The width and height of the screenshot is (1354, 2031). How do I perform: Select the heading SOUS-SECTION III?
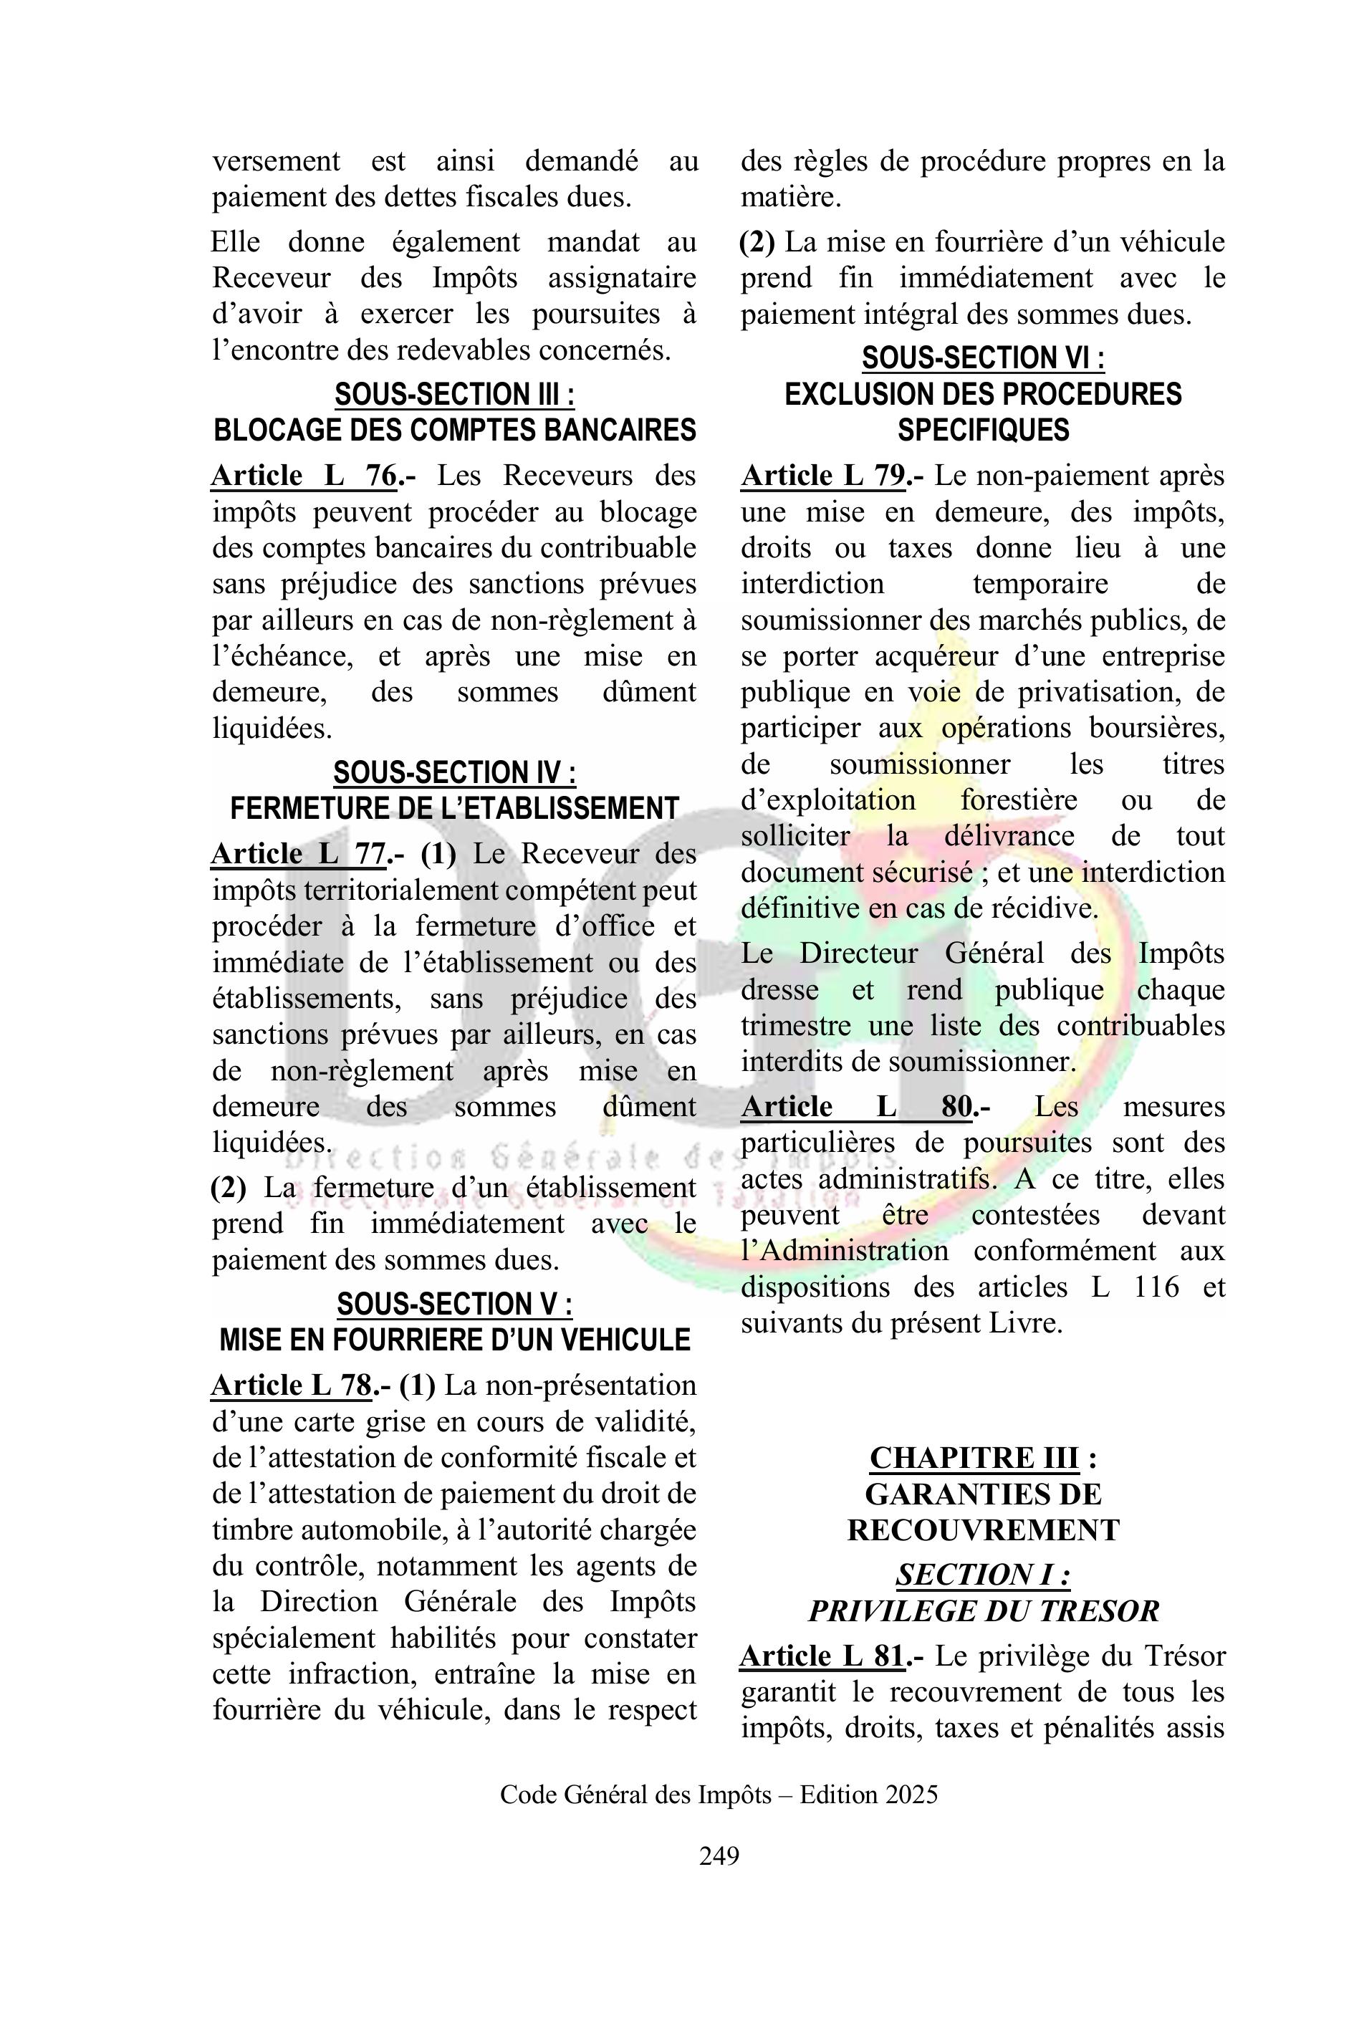454,395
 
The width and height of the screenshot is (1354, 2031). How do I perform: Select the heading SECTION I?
983,1575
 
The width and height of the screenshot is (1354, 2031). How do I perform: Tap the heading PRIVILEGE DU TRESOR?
983,1611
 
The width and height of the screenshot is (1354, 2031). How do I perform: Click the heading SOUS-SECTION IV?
454,772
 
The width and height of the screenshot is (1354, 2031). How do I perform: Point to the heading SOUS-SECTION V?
454,1304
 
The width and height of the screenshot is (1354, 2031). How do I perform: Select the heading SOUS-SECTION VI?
983,357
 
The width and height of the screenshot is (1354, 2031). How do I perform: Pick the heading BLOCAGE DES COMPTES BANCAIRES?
454,430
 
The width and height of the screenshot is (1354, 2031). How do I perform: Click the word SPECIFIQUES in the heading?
983,430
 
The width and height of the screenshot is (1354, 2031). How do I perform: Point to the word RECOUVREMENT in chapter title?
983,1530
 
